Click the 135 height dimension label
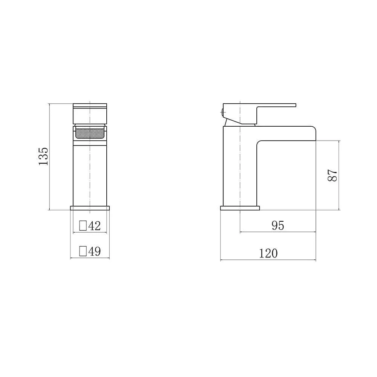(44, 156)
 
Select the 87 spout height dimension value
(332, 175)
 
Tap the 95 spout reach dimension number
(277, 225)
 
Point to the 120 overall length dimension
(268, 253)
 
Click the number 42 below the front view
(94, 226)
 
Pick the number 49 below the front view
(94, 251)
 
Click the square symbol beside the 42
(83, 226)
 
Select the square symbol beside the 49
(83, 251)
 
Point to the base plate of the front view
(90, 208)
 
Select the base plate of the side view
(240, 208)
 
